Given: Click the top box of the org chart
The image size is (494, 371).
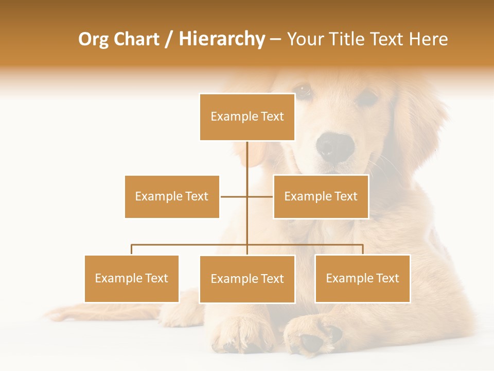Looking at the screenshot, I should coord(247,117).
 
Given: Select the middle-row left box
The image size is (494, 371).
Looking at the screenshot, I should coord(172,196).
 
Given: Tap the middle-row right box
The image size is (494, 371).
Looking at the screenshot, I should coord(321,196).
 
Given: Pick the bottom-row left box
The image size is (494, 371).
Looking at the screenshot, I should coord(132,278).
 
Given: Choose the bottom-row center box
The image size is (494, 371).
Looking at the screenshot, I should coord(247,279).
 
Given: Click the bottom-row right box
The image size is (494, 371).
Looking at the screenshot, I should coord(362,278).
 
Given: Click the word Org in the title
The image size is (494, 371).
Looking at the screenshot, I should coord(93,40).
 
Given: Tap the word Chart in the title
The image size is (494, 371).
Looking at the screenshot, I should coord(136,39).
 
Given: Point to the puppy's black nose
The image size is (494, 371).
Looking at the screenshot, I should coord(335,146).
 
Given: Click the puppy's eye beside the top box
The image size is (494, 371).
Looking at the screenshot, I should coord(304,91).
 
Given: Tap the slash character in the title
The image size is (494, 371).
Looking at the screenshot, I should coord(169,40).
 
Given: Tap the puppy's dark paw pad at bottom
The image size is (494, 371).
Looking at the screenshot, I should coord(312,342).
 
